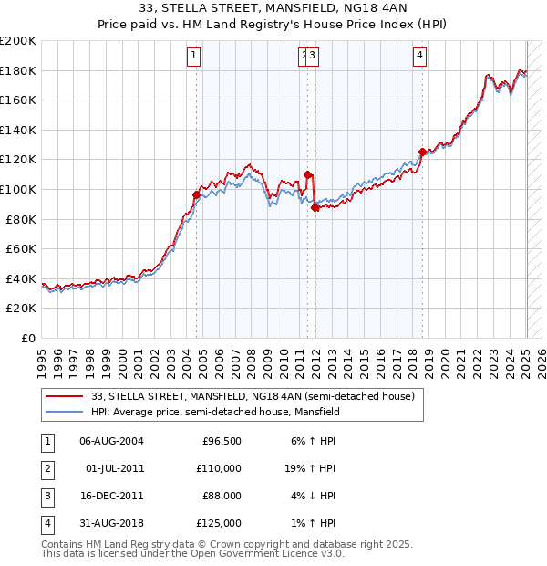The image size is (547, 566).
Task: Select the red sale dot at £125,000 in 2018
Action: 422,152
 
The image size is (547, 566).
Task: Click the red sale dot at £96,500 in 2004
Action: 196,194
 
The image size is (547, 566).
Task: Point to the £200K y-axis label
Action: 18,41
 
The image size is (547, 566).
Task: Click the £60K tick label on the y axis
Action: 21,248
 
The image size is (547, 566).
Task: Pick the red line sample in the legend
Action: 65,396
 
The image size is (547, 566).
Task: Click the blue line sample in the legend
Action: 65,412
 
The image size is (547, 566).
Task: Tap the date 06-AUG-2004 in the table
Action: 111,442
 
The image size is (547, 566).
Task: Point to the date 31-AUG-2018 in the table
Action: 111,523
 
